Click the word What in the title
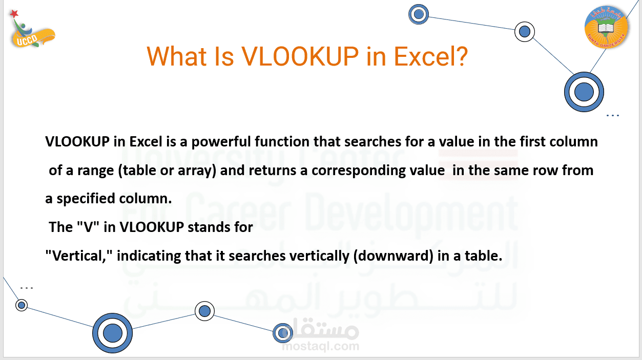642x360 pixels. coord(177,56)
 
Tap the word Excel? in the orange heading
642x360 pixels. coord(431,56)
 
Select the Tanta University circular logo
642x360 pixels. coord(606,27)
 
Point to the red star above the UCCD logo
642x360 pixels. coord(14,14)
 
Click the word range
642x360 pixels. coord(96,171)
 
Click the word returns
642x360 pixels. coord(272,171)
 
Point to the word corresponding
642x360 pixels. coord(359,171)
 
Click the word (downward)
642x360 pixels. coord(393,256)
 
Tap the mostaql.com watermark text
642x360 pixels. coord(320,346)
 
